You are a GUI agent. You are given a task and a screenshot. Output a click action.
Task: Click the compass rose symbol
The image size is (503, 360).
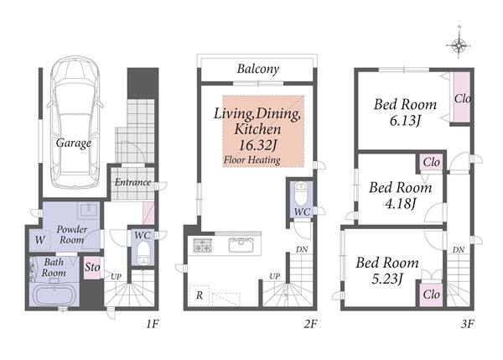pos(459,45)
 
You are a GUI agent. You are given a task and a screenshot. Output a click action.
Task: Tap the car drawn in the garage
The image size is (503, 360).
pos(75,122)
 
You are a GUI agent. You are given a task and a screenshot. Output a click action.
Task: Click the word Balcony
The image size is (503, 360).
pos(258,69)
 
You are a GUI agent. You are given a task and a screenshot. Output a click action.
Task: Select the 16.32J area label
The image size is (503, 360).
pos(257,145)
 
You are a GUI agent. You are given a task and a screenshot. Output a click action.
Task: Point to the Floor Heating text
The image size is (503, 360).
pos(252,160)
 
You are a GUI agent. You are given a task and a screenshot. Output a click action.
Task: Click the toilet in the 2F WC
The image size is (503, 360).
pos(301,194)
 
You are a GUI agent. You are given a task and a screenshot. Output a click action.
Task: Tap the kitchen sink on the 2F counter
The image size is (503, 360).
pos(241,245)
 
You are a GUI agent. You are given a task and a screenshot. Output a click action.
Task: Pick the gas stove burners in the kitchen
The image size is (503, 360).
pos(202,246)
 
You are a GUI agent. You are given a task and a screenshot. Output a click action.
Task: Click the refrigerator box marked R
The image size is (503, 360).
pos(200,295)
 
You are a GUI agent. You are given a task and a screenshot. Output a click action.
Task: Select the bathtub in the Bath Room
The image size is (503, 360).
pos(54,295)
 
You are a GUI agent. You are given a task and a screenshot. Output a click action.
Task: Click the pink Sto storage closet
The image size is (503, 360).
pos(92,268)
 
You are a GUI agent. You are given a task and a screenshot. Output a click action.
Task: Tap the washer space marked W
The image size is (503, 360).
pos(39,240)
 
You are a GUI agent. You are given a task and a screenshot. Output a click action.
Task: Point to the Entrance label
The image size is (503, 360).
pos(132,182)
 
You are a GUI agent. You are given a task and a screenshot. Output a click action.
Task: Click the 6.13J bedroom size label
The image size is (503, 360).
pos(405,121)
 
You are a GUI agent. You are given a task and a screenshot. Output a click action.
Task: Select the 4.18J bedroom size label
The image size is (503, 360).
pos(401,204)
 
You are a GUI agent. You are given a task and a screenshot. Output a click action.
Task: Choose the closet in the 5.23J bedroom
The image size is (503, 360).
pos(431,295)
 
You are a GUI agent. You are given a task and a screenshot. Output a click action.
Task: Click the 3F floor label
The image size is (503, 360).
pos(468,324)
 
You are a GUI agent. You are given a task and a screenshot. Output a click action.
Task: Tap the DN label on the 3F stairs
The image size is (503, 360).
pos(459,249)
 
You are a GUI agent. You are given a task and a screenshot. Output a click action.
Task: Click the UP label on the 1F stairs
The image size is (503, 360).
pos(116,276)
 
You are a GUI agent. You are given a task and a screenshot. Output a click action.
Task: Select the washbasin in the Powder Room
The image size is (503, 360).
pos(90,211)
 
